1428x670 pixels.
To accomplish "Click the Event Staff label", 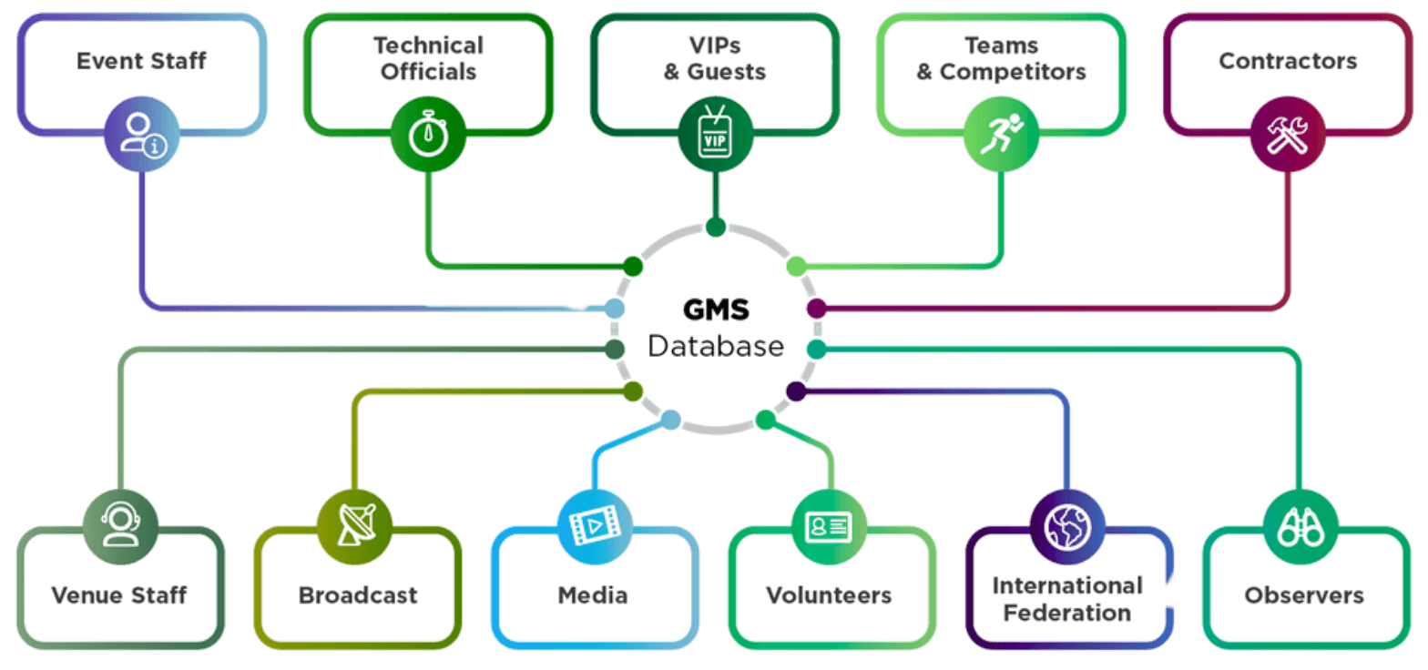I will click(x=141, y=62).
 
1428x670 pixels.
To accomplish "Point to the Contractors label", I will click(x=1288, y=62).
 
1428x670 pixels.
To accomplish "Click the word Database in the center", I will click(x=716, y=346).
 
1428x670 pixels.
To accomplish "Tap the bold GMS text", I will click(x=716, y=310).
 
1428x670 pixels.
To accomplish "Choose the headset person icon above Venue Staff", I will click(x=120, y=525).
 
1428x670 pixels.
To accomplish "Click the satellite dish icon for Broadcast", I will click(x=355, y=525).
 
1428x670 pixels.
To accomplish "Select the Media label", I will click(x=593, y=596).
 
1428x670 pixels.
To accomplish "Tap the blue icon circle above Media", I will click(x=595, y=525).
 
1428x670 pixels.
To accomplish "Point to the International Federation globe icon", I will click(x=1067, y=525).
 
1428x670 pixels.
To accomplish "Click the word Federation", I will click(x=1067, y=612).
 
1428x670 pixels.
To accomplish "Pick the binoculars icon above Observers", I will click(x=1300, y=525).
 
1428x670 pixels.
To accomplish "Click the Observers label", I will click(x=1304, y=596).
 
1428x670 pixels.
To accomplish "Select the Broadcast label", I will click(x=358, y=596).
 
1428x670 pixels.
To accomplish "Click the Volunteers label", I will click(x=829, y=596).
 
